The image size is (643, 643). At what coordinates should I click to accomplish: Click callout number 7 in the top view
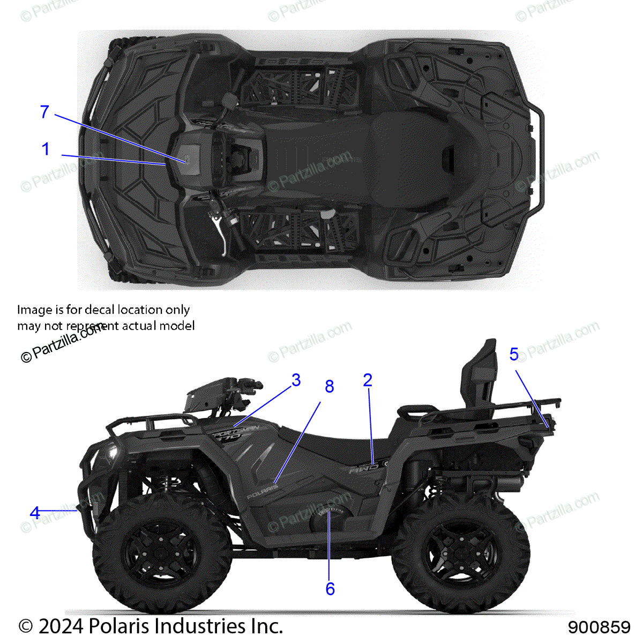click(x=44, y=112)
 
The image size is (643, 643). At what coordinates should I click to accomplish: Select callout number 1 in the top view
click(x=46, y=149)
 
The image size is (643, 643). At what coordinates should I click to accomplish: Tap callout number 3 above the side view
click(x=296, y=380)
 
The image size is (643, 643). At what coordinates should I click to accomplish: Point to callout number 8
click(x=329, y=386)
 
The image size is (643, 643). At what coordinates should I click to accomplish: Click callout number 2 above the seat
click(x=367, y=380)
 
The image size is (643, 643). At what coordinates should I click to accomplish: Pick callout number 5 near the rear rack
click(x=514, y=354)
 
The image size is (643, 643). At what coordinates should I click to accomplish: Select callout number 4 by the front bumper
click(x=35, y=513)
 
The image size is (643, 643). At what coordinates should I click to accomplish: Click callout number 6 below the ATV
click(x=330, y=589)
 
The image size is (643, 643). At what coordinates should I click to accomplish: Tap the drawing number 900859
click(x=599, y=627)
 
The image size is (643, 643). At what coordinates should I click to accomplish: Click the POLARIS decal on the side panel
click(x=263, y=491)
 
